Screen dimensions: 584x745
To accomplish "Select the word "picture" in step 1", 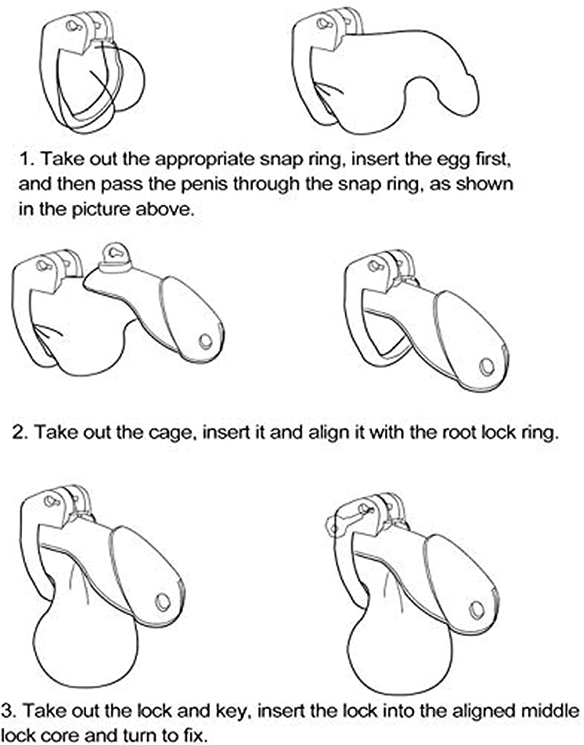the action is pos(101,210).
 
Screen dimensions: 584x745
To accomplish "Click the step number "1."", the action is pos(28,160).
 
